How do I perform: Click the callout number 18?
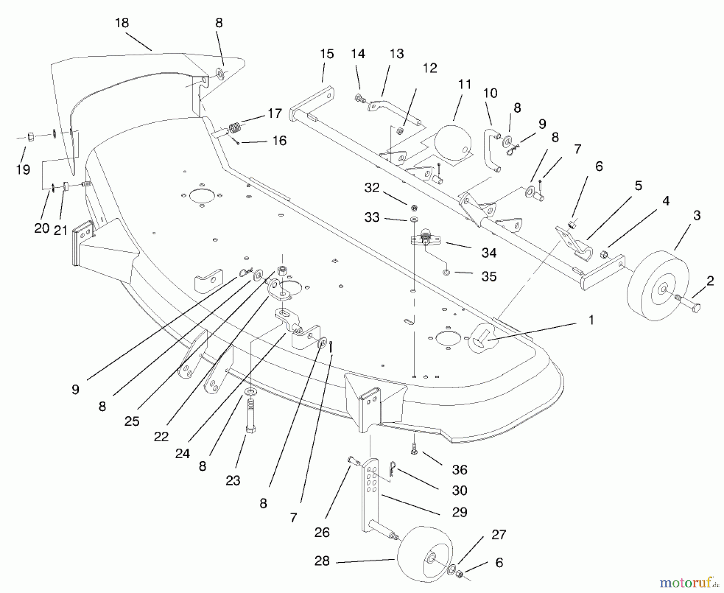coord(122,23)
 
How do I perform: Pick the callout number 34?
coord(489,253)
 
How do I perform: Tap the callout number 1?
coord(591,320)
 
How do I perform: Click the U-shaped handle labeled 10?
coord(491,151)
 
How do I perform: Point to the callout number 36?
coord(459,469)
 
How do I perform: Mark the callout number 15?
coord(327,54)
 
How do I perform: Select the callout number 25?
coord(132,421)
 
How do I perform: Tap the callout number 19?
coord(23,169)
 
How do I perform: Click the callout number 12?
coord(430,68)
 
